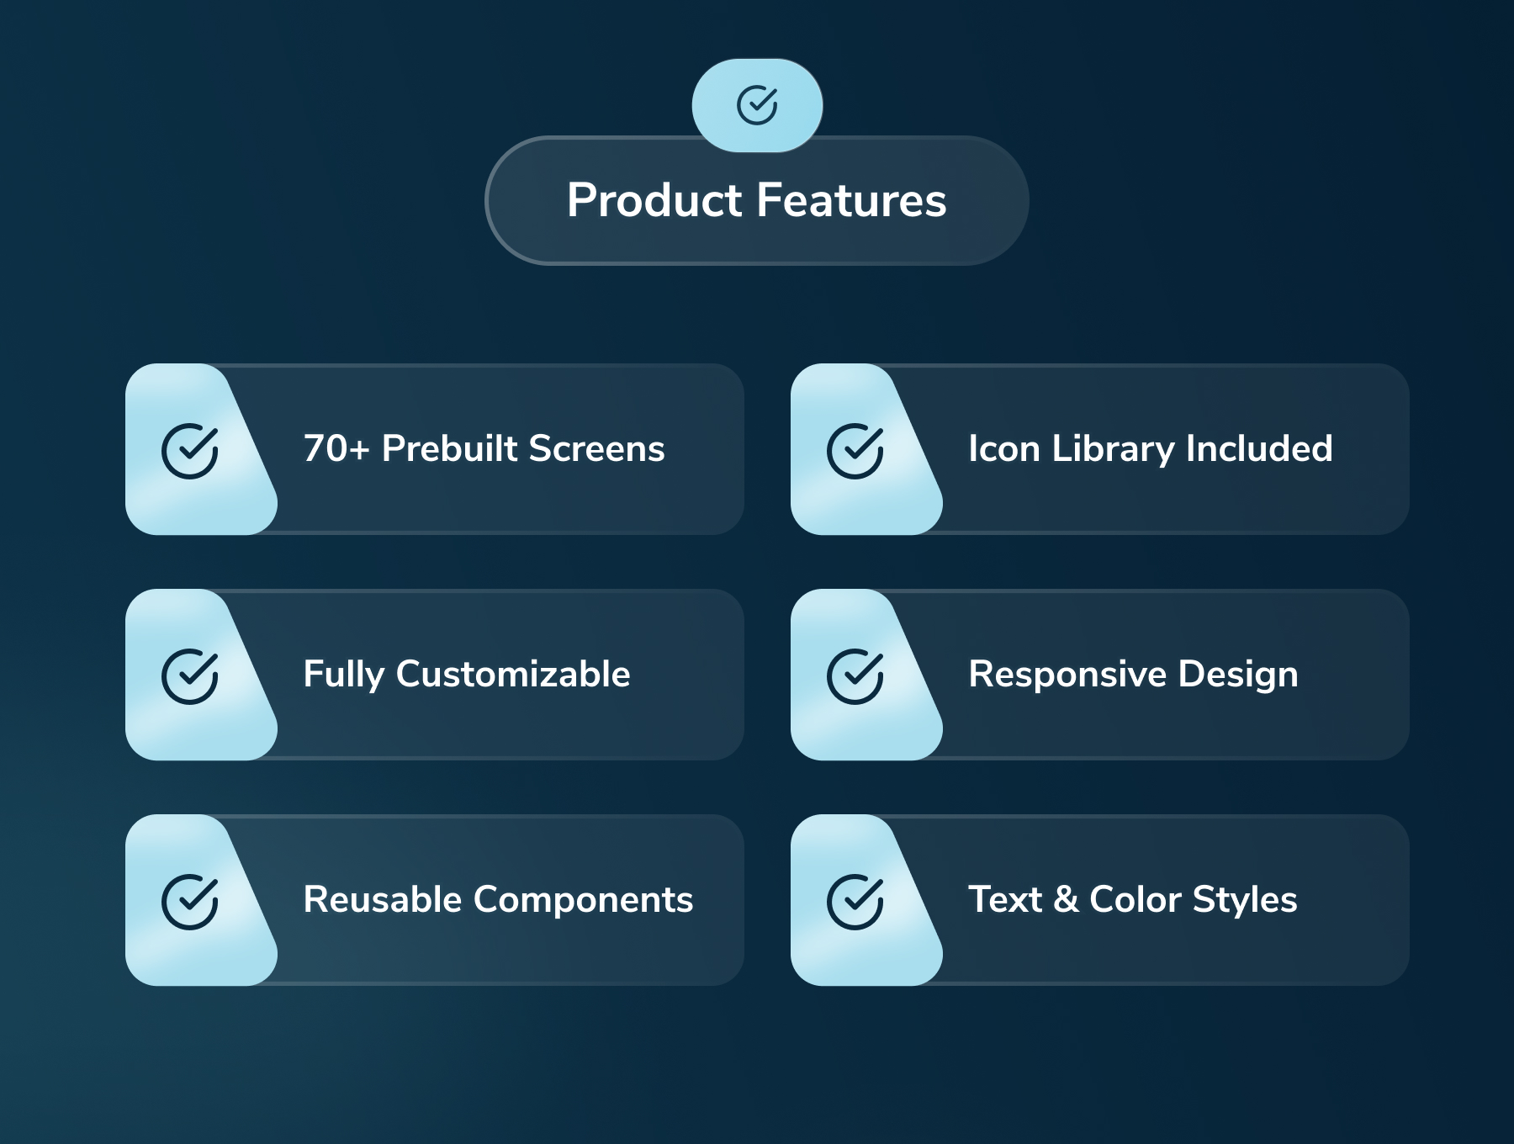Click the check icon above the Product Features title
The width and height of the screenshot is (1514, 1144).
pos(757,105)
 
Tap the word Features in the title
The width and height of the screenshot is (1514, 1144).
pos(851,200)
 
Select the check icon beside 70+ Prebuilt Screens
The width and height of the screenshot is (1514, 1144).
pos(190,451)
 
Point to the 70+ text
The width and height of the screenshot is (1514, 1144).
pos(336,448)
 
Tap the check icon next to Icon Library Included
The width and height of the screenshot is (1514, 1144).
pos(855,451)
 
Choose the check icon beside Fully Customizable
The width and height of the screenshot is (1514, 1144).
pos(190,676)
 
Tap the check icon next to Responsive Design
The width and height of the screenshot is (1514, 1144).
pos(855,676)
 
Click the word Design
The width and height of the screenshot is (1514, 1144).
pos(1238,675)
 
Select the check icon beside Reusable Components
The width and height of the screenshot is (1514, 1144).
pos(190,902)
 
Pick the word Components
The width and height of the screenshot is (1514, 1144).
pos(584,900)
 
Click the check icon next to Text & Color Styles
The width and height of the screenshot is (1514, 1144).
pos(855,902)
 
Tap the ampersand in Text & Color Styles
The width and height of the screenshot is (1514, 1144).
pos(1066,899)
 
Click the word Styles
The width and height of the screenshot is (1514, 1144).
pos(1246,900)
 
